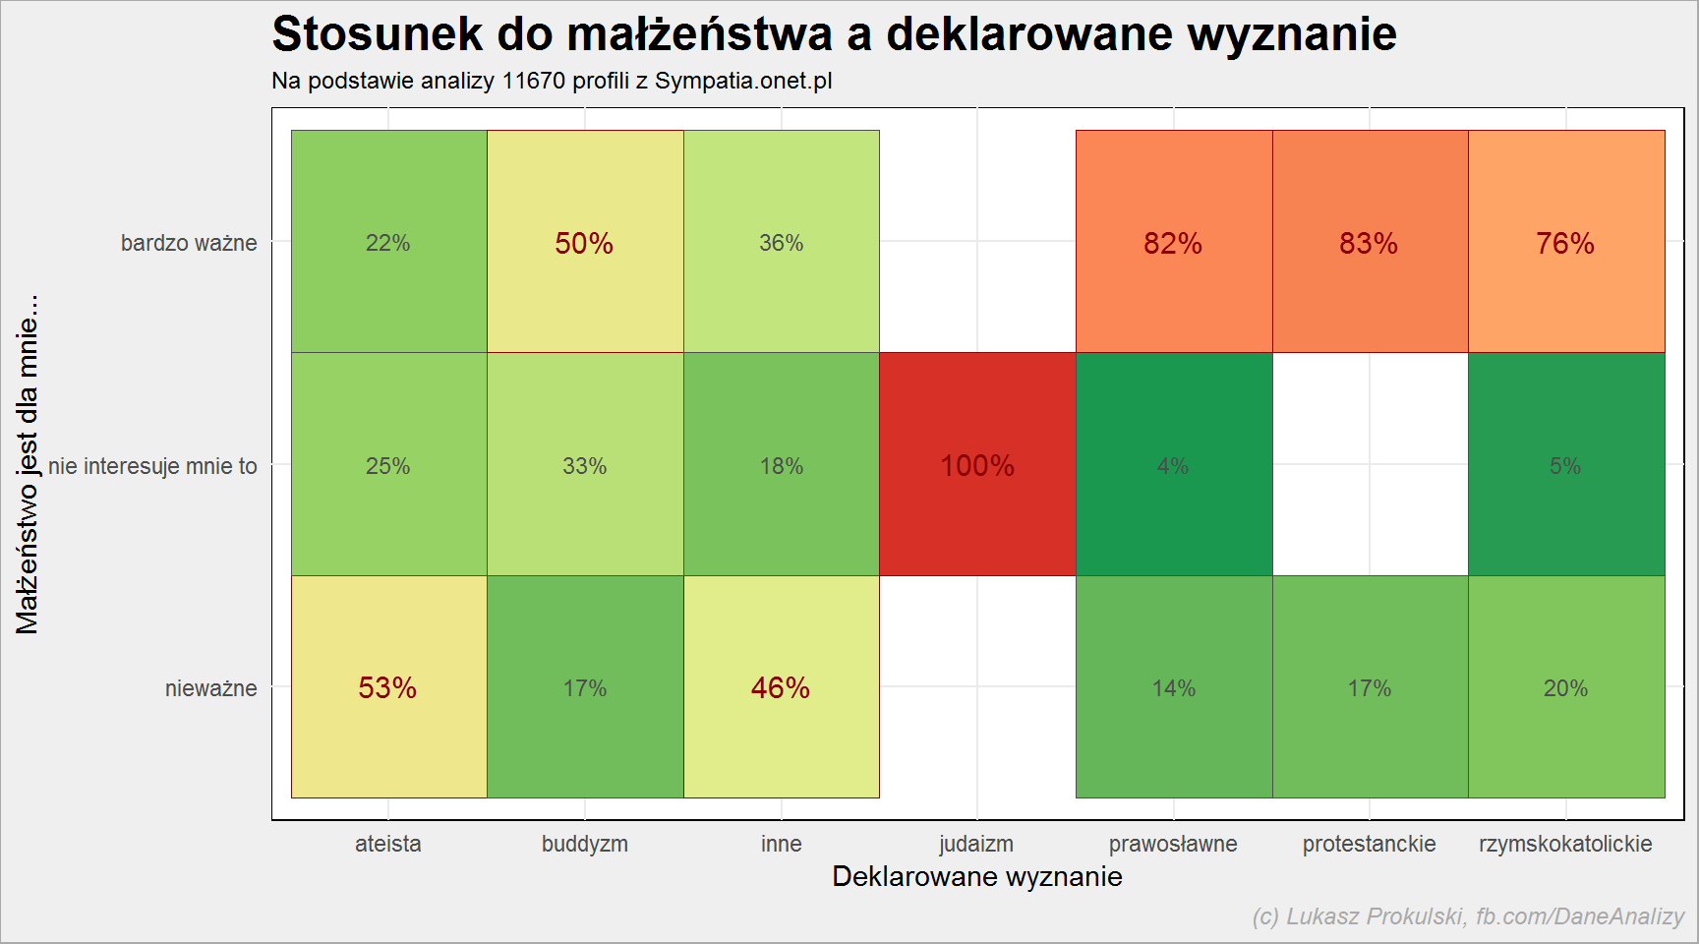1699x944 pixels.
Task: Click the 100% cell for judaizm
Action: tap(977, 464)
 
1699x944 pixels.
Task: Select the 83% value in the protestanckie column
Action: tap(1370, 242)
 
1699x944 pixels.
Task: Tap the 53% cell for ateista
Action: tap(388, 686)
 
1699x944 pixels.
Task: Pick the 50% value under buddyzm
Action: tap(585, 242)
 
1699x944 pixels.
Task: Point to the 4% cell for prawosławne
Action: tap(1174, 464)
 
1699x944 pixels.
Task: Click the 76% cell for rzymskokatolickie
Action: tap(1566, 242)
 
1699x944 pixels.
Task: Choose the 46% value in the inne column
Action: tap(782, 686)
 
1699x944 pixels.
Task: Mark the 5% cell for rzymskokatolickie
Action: tap(1566, 464)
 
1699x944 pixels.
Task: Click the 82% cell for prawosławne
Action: tap(1174, 242)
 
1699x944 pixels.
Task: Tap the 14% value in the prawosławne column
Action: tap(1174, 686)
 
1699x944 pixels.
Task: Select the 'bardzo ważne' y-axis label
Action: tap(189, 243)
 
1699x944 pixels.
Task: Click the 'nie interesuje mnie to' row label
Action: tap(152, 466)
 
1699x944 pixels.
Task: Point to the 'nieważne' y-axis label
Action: tap(211, 688)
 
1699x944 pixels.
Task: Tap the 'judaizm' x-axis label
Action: tap(976, 844)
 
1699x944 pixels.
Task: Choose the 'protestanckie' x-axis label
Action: tap(1370, 844)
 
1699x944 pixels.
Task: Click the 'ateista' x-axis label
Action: tap(388, 844)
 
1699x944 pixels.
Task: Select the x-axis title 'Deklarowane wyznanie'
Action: tap(977, 876)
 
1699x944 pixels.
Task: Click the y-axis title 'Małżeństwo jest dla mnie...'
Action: tap(28, 464)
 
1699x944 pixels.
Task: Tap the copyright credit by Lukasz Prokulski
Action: tap(1468, 916)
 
